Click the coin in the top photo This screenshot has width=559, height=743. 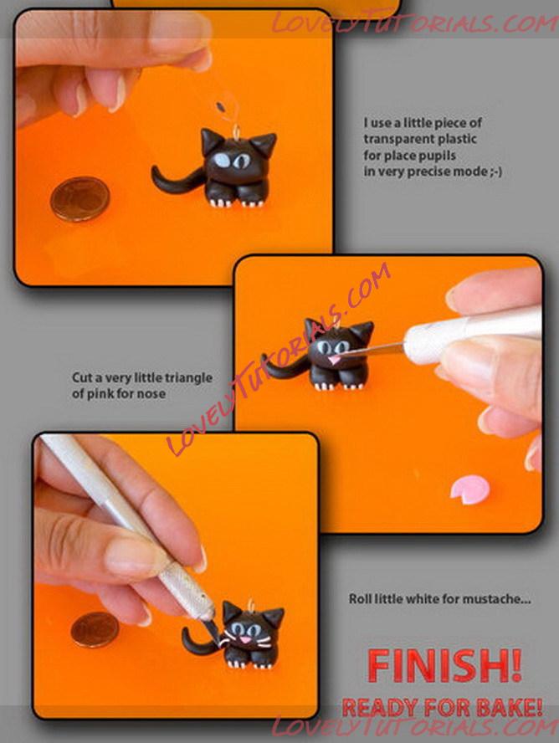(80, 199)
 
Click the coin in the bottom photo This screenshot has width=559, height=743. (95, 630)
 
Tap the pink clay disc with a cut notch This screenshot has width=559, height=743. (470, 490)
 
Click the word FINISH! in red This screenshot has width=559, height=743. (444, 666)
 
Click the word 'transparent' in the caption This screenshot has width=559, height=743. (399, 139)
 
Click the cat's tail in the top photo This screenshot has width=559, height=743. (175, 181)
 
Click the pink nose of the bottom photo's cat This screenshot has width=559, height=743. (245, 639)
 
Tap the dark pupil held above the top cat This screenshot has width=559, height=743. (220, 106)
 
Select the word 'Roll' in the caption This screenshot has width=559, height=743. (360, 599)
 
